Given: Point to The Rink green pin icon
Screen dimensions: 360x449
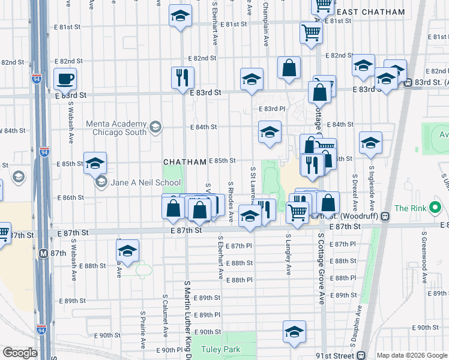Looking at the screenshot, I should [x=436, y=209].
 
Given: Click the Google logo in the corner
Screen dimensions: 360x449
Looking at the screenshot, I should [x=20, y=353].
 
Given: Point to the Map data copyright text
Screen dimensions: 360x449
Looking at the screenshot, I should [x=412, y=355].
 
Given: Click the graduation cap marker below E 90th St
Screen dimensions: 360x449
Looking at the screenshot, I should [x=294, y=331].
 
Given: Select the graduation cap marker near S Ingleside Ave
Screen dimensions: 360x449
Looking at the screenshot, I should [x=370, y=143].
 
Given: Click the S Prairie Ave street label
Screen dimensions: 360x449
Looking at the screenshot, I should [x=143, y=329].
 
